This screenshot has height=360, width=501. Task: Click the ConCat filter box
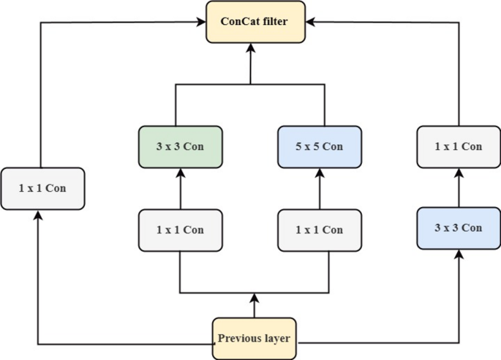(x=254, y=22)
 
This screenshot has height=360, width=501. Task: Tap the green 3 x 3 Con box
(x=180, y=146)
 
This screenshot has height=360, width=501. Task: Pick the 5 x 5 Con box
(x=319, y=146)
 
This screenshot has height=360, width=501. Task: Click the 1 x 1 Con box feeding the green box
(x=180, y=230)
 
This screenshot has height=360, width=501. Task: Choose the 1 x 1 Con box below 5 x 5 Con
(x=319, y=230)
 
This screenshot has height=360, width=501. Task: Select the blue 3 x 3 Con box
(x=459, y=228)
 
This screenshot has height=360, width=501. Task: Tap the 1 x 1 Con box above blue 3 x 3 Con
(x=459, y=146)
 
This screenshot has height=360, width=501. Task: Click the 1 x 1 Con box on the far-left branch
(x=42, y=188)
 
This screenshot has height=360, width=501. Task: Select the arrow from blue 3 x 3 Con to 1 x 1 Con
(x=459, y=187)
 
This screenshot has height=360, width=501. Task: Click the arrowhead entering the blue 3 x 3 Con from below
(x=459, y=253)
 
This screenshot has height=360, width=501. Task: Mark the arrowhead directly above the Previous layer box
(x=253, y=298)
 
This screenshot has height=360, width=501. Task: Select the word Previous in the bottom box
(x=238, y=339)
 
